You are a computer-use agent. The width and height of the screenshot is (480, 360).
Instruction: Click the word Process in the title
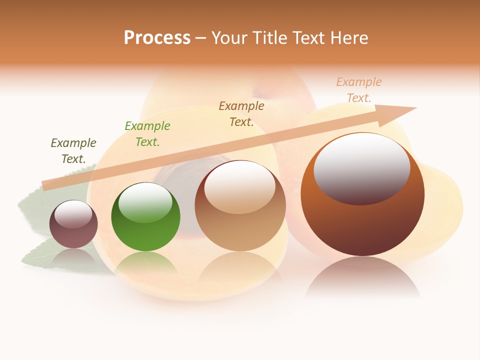tap(157, 38)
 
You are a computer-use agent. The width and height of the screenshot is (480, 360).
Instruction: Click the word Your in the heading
tap(229, 38)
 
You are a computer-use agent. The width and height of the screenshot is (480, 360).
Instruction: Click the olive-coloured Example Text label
tap(73, 151)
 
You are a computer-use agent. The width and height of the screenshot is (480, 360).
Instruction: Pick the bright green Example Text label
tap(147, 134)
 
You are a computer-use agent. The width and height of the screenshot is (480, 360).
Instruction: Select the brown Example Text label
tap(241, 114)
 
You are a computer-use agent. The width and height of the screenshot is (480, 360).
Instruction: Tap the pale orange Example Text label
tap(359, 90)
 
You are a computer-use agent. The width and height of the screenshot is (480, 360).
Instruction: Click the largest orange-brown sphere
tap(362, 225)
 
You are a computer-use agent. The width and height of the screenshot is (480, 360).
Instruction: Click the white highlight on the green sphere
tap(145, 202)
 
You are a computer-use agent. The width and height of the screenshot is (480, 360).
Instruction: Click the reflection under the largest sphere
tap(362, 277)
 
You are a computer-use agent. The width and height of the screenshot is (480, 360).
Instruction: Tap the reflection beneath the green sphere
tap(145, 263)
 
